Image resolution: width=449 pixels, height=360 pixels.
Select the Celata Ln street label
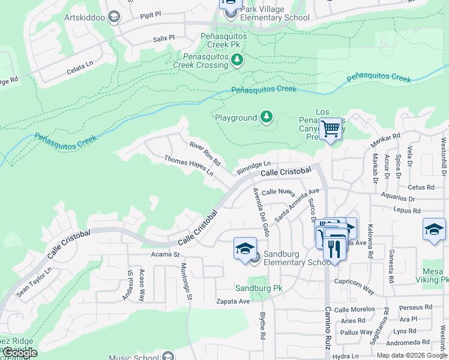(x=80, y=70)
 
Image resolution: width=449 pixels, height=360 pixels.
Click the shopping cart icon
(x=330, y=128)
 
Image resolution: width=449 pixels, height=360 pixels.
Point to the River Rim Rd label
(x=205, y=154)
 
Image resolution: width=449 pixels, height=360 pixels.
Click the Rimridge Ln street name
(x=253, y=164)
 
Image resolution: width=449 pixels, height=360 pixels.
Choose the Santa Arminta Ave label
(x=297, y=205)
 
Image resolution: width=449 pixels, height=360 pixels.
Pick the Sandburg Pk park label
(x=258, y=288)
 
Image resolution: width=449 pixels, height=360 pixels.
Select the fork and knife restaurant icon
(x=334, y=247)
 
